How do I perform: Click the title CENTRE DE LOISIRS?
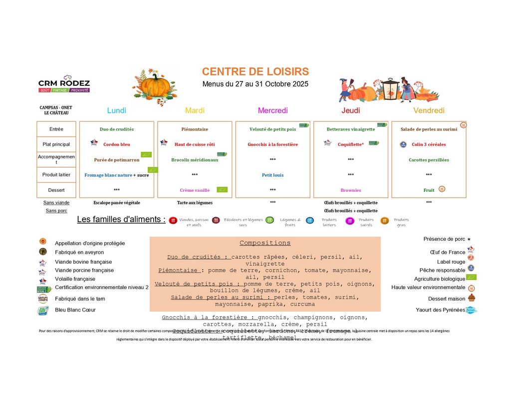coord(255,72)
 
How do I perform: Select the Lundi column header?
coord(117,110)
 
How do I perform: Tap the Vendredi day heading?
coord(429,110)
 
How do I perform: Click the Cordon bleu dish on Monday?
coord(116,144)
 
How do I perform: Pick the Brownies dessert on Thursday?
coord(350,190)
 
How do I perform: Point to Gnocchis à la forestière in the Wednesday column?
coord(272,144)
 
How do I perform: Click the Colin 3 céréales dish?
coord(429,144)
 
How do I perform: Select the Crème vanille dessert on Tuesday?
coord(195,190)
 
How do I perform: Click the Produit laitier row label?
coord(56,175)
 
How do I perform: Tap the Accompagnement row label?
coord(56,159)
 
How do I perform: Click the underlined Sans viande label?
coord(56,203)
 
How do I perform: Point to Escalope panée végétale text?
coord(117,203)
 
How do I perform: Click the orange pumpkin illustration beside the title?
coord(155,86)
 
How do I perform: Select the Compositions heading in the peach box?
coord(264,243)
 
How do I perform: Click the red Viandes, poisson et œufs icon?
coord(173,220)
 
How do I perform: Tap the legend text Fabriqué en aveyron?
coord(79,252)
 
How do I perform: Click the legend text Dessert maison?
coord(447,299)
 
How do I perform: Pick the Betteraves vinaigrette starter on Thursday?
coord(350,129)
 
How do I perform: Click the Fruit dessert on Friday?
coord(429,190)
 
